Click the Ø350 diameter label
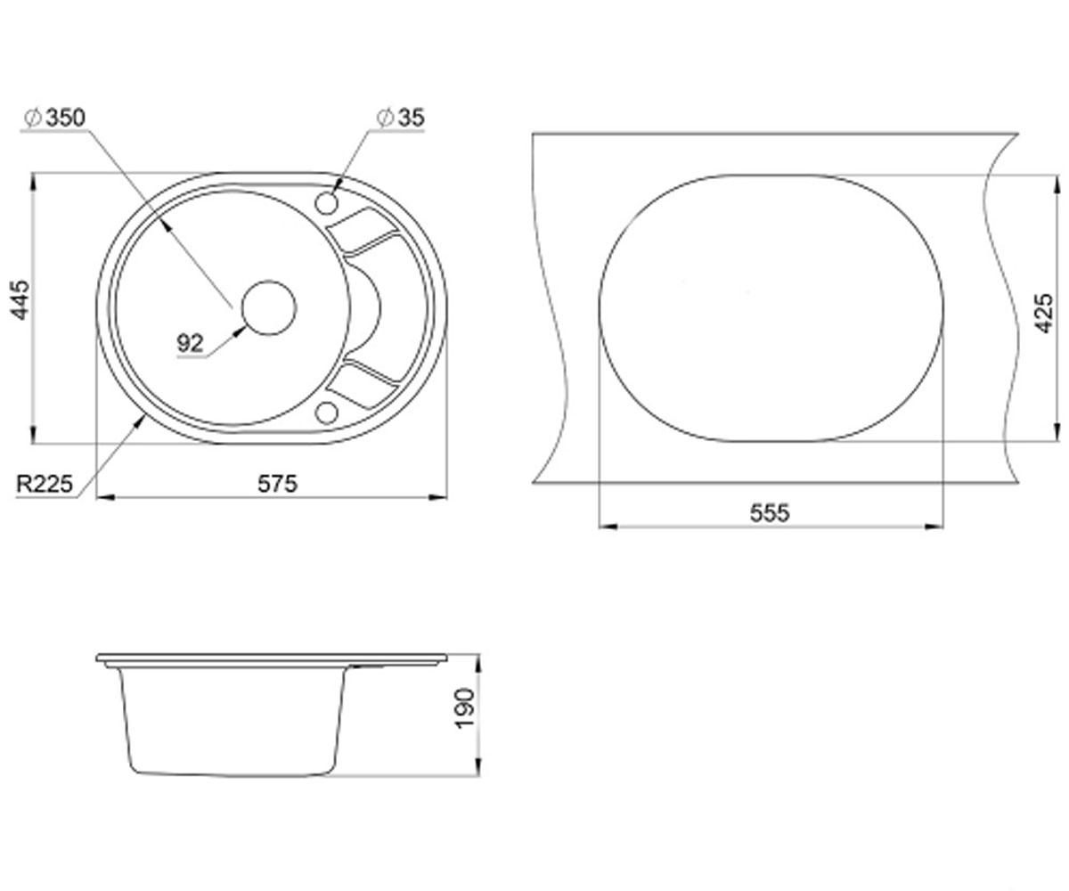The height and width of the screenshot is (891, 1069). click(55, 118)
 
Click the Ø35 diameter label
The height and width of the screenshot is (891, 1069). click(400, 118)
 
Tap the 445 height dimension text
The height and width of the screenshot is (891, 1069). click(21, 300)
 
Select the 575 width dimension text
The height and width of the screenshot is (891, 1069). click(277, 484)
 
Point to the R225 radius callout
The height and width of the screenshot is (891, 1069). click(45, 484)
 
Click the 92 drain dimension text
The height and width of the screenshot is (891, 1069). click(190, 343)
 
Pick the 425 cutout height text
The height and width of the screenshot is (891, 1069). click(1043, 313)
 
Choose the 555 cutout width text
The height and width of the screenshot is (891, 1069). click(770, 513)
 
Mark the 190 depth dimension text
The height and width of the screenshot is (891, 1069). click(465, 708)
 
